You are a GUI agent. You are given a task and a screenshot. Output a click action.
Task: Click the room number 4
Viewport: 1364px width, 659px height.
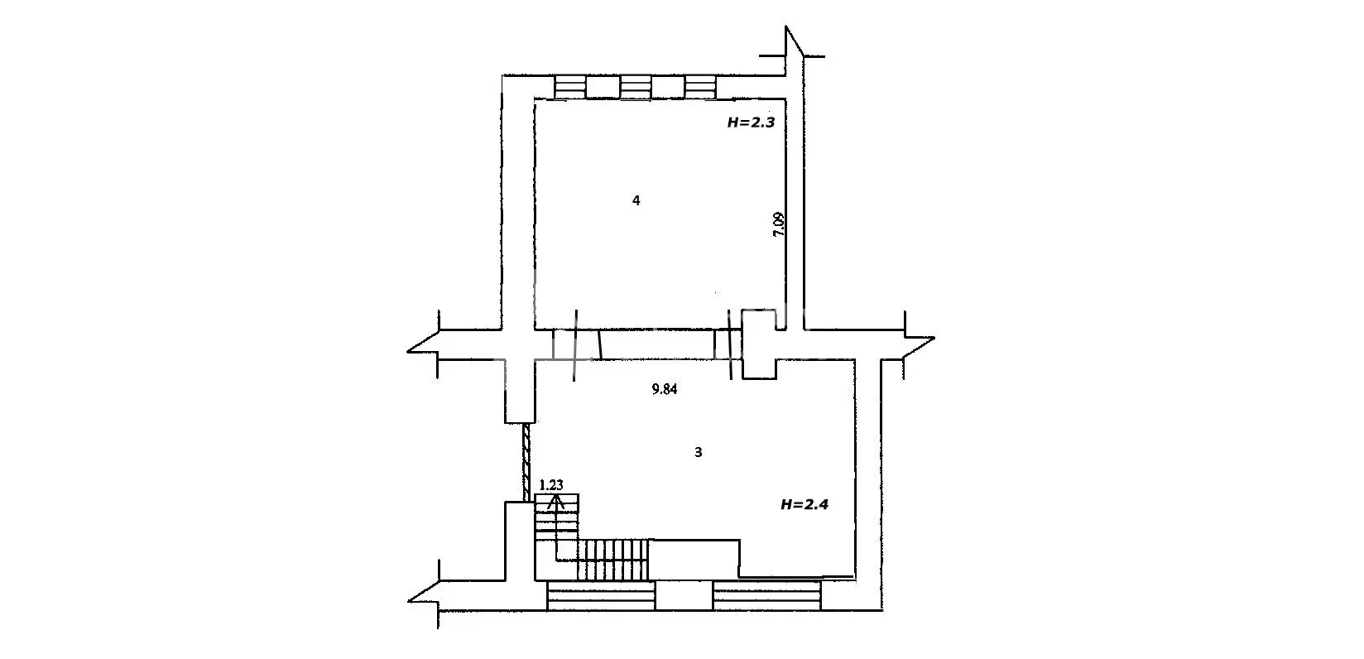(x=636, y=200)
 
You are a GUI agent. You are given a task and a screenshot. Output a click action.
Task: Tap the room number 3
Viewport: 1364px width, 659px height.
(x=699, y=453)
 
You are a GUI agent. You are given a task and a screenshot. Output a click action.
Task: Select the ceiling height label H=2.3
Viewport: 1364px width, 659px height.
(x=751, y=123)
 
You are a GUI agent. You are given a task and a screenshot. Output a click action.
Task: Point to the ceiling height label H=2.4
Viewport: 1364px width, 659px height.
(x=804, y=505)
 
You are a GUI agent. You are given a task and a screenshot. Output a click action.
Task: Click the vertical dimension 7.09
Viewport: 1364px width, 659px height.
(x=779, y=224)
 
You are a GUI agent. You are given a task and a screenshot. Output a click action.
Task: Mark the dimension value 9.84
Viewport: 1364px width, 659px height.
(x=665, y=389)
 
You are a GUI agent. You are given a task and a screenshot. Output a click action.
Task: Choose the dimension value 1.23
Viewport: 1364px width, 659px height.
(x=551, y=485)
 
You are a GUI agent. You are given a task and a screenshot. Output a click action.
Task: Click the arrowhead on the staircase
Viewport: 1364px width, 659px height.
(x=556, y=502)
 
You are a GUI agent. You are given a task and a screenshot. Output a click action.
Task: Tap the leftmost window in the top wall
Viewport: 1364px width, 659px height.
(x=570, y=86)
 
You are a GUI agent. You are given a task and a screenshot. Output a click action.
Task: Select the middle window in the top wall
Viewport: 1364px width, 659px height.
(x=636, y=86)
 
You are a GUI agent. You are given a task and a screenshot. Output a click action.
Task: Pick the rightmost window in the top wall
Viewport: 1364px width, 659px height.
(x=700, y=86)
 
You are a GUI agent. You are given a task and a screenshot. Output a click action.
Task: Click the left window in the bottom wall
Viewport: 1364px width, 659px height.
(x=601, y=595)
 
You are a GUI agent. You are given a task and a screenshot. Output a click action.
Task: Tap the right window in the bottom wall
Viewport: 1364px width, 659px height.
(x=766, y=595)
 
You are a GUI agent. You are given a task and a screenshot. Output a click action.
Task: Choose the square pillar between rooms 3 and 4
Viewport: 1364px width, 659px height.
(x=759, y=344)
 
